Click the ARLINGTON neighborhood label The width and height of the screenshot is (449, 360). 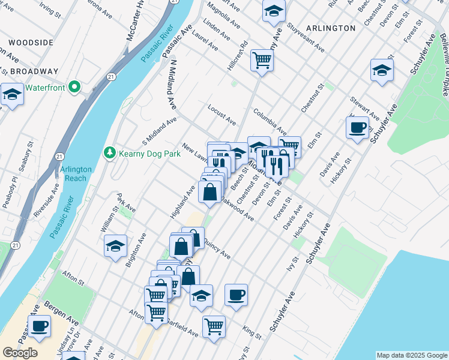tap(330, 28)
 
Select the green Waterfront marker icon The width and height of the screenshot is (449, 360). tap(74, 88)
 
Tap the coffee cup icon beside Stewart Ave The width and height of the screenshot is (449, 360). tap(358, 127)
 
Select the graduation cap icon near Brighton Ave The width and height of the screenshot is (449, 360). tap(116, 245)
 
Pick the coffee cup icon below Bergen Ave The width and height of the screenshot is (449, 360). tap(40, 326)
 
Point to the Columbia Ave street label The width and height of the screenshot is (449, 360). tap(270, 121)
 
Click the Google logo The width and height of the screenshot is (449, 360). tap(20, 353)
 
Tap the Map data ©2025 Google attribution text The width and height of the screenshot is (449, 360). tap(411, 355)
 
